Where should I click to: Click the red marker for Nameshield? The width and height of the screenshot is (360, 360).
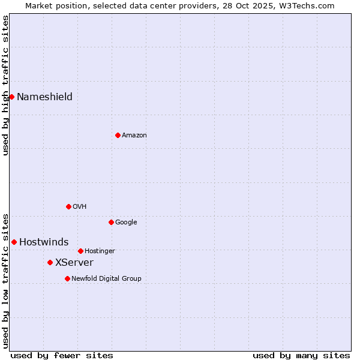coord(11,97)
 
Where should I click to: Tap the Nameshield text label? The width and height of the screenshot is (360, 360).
coord(44,97)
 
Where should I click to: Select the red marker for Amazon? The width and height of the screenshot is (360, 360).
coord(118,135)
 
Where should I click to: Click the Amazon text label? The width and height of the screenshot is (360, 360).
coord(134,136)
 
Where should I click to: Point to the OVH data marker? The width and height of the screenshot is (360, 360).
coord(68,206)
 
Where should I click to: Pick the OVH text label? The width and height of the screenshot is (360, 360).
coord(80,207)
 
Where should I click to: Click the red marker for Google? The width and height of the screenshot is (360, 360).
coord(111,222)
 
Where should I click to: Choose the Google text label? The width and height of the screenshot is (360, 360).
coord(126,223)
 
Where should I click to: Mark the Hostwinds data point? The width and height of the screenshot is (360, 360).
coord(14,242)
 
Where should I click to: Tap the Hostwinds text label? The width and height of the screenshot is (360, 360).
coord(44,242)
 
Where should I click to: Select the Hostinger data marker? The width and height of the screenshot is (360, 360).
coord(80,251)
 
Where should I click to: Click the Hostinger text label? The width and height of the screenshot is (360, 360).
coord(100,251)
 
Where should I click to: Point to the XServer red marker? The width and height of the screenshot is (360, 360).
coord(50,262)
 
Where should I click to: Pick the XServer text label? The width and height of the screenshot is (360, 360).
coord(74,263)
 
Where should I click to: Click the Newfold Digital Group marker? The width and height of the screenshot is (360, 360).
coord(67,278)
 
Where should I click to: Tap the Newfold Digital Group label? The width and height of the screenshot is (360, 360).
coord(106,279)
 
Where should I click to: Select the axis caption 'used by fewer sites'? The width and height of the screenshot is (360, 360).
coord(62,355)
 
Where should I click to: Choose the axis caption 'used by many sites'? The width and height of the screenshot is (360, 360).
coord(301,355)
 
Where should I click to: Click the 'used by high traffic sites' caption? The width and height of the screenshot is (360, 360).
coord(5,85)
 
